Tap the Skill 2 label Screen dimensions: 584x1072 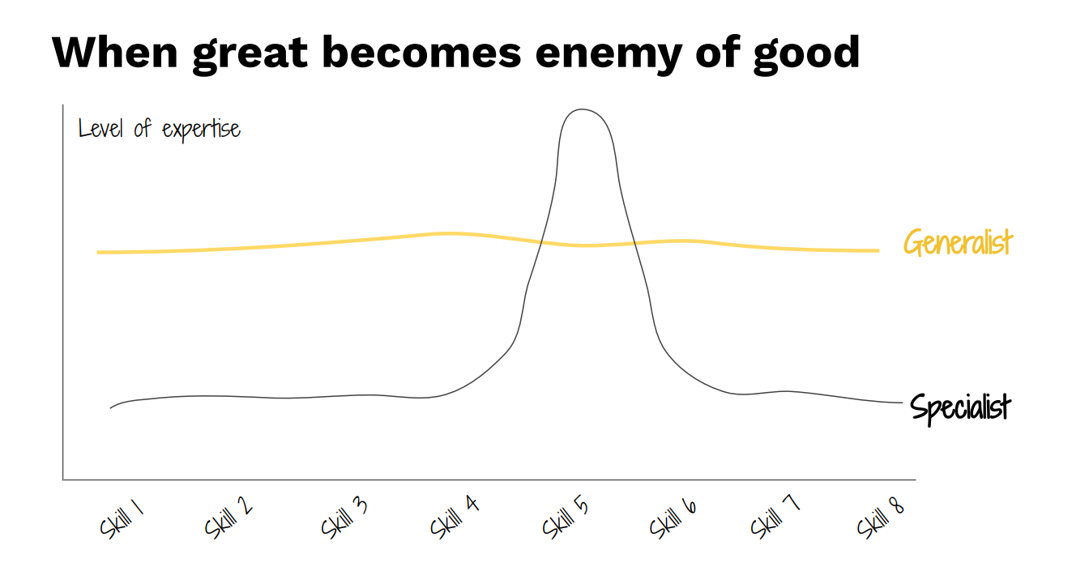228,518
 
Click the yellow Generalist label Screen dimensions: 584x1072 958,243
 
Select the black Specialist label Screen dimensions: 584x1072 961,406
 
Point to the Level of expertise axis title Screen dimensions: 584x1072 160,130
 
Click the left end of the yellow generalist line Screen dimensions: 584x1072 99,252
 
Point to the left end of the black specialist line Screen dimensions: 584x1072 111,407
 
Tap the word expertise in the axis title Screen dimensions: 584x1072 201,130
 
